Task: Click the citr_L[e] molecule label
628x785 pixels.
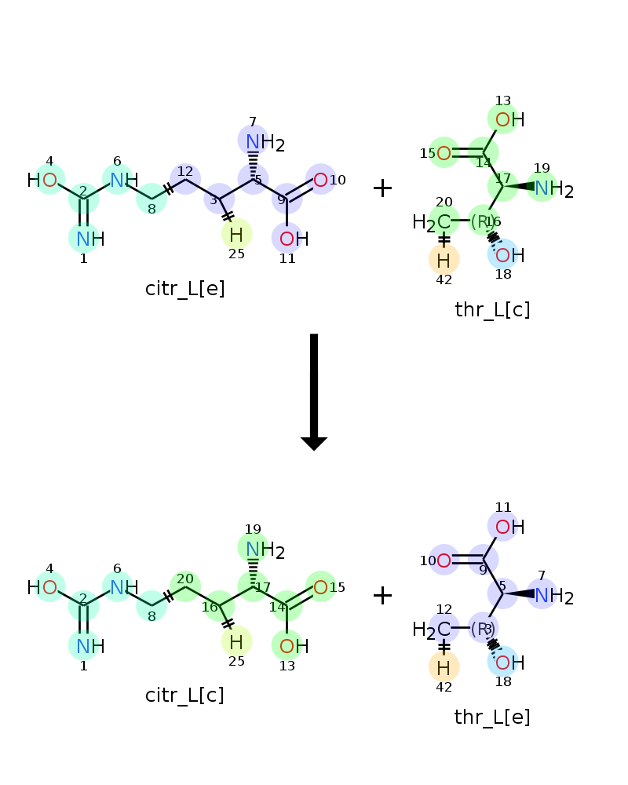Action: pos(185,289)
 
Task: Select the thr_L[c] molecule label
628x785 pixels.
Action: pos(492,310)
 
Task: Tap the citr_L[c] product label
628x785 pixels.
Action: pos(184,696)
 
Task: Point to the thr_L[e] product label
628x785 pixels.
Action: pos(492,717)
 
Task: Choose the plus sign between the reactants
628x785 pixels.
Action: pos(382,188)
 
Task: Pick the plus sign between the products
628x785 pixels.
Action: pos(382,595)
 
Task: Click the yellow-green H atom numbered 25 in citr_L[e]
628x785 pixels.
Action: pos(236,234)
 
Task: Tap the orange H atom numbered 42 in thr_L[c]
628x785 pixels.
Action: pos(444,259)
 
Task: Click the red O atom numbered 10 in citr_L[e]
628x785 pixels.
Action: pos(320,180)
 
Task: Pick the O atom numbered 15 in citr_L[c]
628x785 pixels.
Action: pos(320,586)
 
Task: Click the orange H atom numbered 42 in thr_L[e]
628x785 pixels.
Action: pos(444,666)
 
